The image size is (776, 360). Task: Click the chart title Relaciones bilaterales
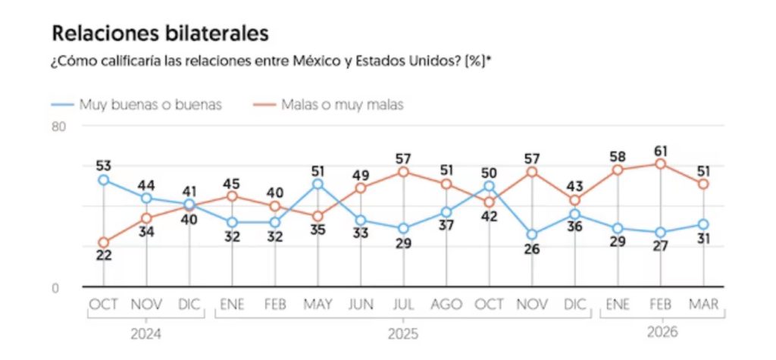159,34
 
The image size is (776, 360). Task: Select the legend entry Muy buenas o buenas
150,105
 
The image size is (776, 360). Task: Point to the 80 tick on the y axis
58,127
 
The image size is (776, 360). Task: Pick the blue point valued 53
103,180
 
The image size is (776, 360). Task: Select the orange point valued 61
660,164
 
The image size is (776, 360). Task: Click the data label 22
103,255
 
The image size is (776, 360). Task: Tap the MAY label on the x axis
318,304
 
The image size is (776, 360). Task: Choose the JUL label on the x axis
403,304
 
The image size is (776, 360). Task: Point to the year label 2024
146,333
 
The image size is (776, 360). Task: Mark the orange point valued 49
361,188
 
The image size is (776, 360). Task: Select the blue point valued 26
532,235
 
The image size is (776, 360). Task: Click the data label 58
617,155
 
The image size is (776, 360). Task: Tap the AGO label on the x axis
446,304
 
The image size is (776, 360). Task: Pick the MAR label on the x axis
702,304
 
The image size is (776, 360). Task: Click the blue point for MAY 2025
318,184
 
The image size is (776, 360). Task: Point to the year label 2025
403,333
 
